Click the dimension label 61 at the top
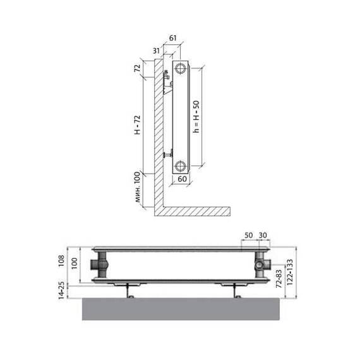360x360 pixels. (x=172, y=38)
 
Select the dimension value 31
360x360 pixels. (x=157, y=51)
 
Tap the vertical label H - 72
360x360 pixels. (x=137, y=125)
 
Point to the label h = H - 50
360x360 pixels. (x=196, y=117)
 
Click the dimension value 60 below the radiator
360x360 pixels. (x=183, y=179)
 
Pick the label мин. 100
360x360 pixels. (x=137, y=187)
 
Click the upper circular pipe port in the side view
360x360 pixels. (x=180, y=68)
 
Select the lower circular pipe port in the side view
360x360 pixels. (x=180, y=165)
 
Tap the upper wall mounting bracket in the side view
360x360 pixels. (x=167, y=82)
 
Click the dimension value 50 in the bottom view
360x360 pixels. (x=249, y=236)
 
